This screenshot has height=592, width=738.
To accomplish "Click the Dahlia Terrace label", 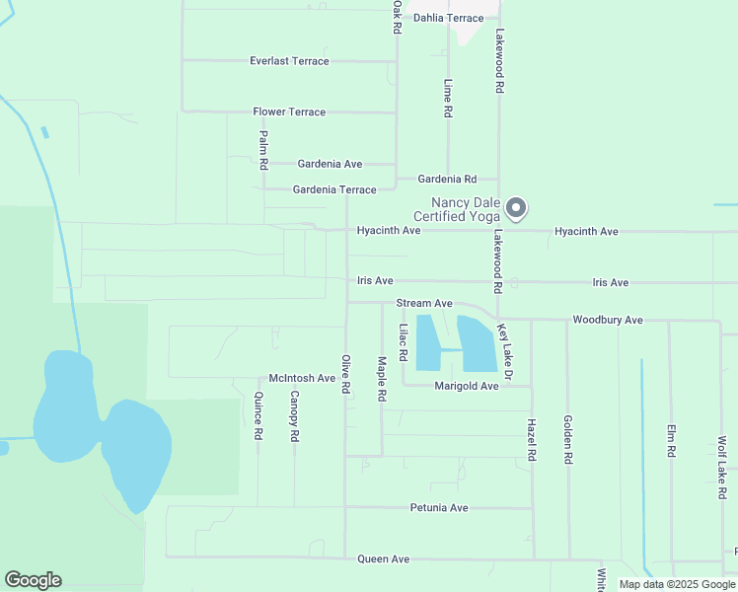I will click(x=449, y=18).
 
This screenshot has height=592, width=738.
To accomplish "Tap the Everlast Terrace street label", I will click(x=289, y=61).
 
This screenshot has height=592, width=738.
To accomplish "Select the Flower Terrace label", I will click(x=289, y=112).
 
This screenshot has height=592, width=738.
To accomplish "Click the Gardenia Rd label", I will click(x=447, y=180).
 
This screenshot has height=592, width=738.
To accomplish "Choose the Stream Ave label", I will click(x=424, y=304).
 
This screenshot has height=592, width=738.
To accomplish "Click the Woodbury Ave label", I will click(x=608, y=321).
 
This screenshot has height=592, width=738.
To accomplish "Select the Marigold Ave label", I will click(x=467, y=387).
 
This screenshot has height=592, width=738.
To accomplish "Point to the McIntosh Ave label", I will click(x=302, y=379).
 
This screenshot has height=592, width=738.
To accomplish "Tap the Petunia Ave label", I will click(x=439, y=508).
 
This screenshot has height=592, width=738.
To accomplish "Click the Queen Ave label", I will click(x=384, y=559).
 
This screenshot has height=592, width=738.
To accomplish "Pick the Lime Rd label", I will click(x=448, y=100).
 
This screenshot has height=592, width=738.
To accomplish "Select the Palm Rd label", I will click(x=263, y=150).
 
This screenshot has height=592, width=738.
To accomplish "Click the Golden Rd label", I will click(x=568, y=440).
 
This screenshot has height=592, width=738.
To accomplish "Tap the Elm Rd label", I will click(x=671, y=440).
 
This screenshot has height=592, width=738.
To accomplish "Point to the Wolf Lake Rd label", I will click(x=722, y=461).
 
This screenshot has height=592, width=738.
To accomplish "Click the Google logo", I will click(x=33, y=580).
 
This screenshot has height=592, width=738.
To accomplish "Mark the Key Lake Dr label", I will click(x=505, y=353).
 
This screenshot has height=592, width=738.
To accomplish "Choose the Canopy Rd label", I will click(x=294, y=415).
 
